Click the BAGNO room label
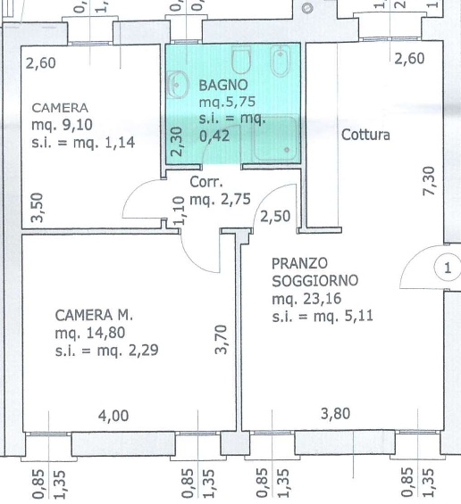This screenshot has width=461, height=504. pos(223,85)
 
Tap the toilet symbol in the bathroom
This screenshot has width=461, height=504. pos(241,60)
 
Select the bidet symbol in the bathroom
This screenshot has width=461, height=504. pos(281,62)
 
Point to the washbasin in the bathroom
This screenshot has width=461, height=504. pos(178,85)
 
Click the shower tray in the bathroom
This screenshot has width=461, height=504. pos(275,138)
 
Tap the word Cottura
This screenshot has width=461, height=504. pos(365,135)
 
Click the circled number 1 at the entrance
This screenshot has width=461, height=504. pos(448,268)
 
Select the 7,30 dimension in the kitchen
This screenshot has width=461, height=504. pos(429,181)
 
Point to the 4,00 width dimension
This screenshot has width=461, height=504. pos(113,416)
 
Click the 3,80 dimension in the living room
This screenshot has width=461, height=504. pos(335,414)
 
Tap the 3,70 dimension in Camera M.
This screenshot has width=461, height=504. pos(222,340)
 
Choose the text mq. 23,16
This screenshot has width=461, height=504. pos(306,299)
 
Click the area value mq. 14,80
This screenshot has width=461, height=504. pos(90,333)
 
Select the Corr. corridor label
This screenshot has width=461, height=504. pos(206,182)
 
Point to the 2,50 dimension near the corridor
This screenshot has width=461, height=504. pos(275,217)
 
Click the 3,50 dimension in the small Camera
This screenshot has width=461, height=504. pos(37,207)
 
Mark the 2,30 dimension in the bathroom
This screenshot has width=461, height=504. pos(177,142)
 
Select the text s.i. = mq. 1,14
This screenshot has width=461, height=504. pos(83,143)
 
